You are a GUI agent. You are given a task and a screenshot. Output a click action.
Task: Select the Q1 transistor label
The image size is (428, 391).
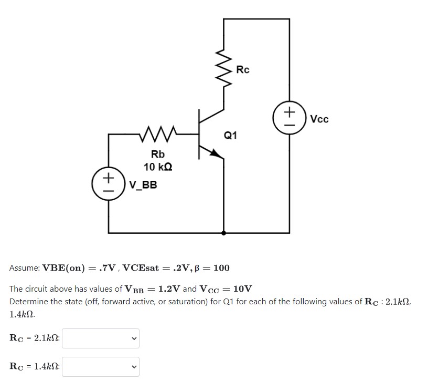click(x=230, y=136)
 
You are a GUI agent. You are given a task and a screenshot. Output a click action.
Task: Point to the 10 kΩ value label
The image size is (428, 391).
click(x=158, y=167)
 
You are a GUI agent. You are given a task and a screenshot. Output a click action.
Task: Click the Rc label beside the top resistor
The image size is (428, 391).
click(x=243, y=69)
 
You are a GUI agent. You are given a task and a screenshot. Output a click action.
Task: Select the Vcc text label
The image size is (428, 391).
click(x=319, y=119)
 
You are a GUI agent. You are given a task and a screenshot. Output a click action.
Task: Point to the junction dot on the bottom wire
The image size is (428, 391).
click(x=224, y=232)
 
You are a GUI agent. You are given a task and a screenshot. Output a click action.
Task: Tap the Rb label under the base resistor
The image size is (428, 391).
click(x=158, y=155)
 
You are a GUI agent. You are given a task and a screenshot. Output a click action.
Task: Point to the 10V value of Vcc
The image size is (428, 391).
click(x=242, y=289)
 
